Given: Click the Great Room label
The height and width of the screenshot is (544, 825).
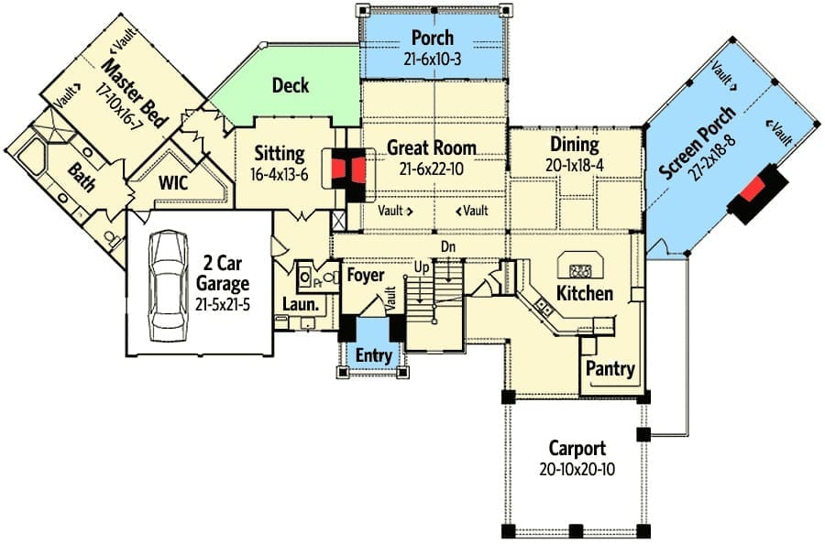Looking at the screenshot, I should (431, 147).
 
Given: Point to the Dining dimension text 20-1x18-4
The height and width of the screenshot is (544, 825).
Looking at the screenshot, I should (576, 164).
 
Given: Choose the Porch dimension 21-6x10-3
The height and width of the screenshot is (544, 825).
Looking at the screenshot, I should (432, 59).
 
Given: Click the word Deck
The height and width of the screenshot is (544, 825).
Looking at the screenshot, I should (291, 86).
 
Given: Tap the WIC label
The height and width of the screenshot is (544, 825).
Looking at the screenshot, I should (173, 183).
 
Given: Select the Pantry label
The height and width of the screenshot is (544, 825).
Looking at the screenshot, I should (610, 369).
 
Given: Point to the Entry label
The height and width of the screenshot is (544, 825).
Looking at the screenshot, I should (373, 355).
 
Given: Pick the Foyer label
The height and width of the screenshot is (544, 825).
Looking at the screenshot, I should (365, 276).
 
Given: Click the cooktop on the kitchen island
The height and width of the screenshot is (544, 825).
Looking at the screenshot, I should (579, 270).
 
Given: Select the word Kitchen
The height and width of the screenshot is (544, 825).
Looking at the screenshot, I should (585, 294).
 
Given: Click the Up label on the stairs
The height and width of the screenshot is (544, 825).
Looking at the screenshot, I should (423, 267).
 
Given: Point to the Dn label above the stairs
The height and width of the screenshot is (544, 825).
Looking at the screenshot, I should (448, 246).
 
